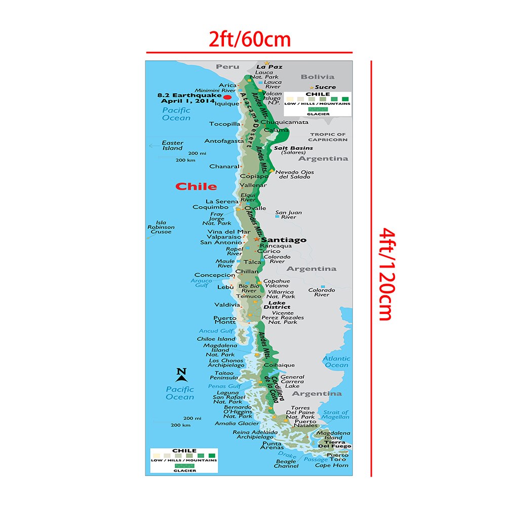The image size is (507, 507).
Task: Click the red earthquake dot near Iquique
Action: click(227, 97)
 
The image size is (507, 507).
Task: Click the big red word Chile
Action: click(196, 186)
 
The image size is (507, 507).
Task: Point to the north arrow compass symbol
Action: click(182, 374)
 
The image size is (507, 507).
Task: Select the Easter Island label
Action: click(172, 145)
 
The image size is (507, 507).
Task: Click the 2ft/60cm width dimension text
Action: click(250, 39)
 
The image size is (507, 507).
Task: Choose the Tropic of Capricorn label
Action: click(328, 137)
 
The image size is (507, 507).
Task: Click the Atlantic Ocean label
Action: click(336, 362)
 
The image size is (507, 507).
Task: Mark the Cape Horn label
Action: click(332, 465)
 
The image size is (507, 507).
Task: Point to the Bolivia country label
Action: click(318, 77)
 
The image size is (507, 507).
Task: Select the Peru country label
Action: click(227, 67)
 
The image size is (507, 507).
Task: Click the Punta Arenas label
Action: click(271, 446)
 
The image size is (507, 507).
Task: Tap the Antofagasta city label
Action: click(224, 141)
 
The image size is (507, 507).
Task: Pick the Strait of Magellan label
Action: click(336, 415)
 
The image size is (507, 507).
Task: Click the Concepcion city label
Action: click(215, 275)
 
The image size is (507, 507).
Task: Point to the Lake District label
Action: click(277, 305)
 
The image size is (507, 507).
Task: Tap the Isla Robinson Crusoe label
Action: click(161, 227)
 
